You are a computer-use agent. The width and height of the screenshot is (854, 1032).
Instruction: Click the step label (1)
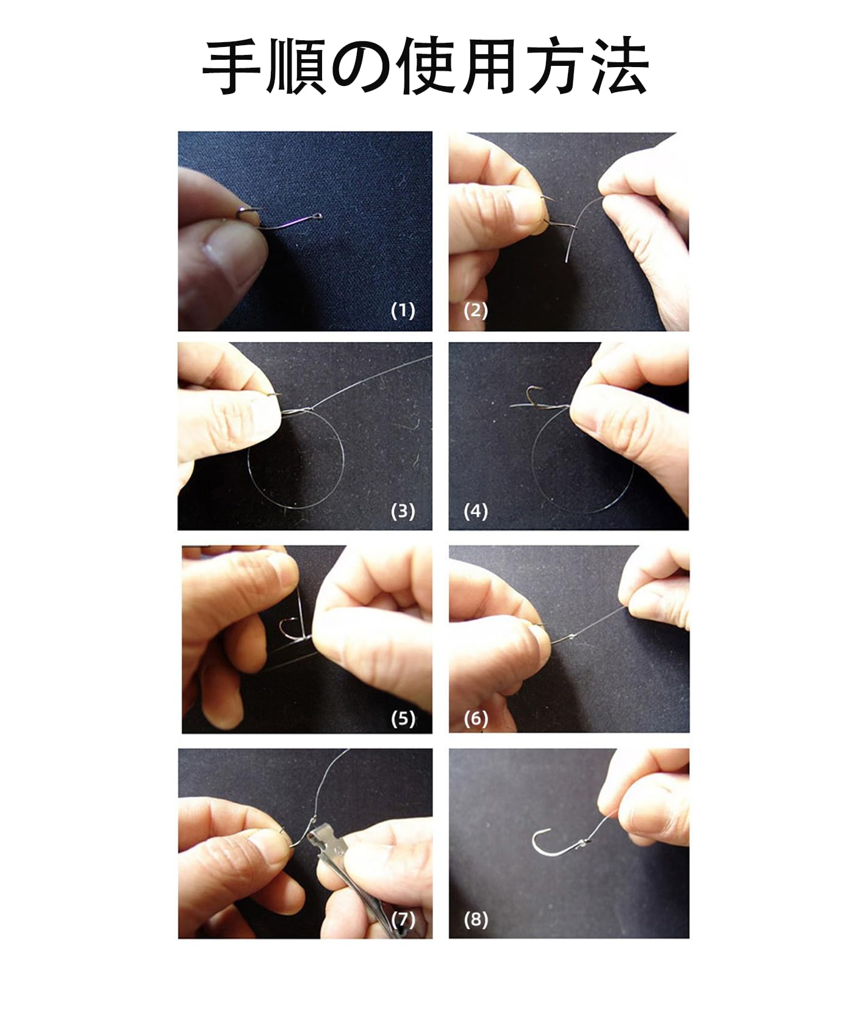(403, 310)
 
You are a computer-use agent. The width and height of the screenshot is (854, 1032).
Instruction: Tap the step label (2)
(476, 310)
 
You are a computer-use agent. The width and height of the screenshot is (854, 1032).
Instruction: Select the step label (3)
(403, 511)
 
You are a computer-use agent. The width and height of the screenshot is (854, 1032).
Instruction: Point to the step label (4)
(476, 511)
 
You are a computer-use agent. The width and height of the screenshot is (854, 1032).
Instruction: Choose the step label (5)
(403, 718)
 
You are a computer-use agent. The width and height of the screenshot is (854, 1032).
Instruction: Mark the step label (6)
(476, 718)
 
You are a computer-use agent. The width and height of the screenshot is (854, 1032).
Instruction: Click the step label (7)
(403, 919)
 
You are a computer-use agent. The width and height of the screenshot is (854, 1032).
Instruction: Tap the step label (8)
(476, 919)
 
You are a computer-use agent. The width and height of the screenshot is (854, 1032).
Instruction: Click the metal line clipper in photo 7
(332, 878)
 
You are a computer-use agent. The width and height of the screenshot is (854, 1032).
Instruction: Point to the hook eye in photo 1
(318, 215)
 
